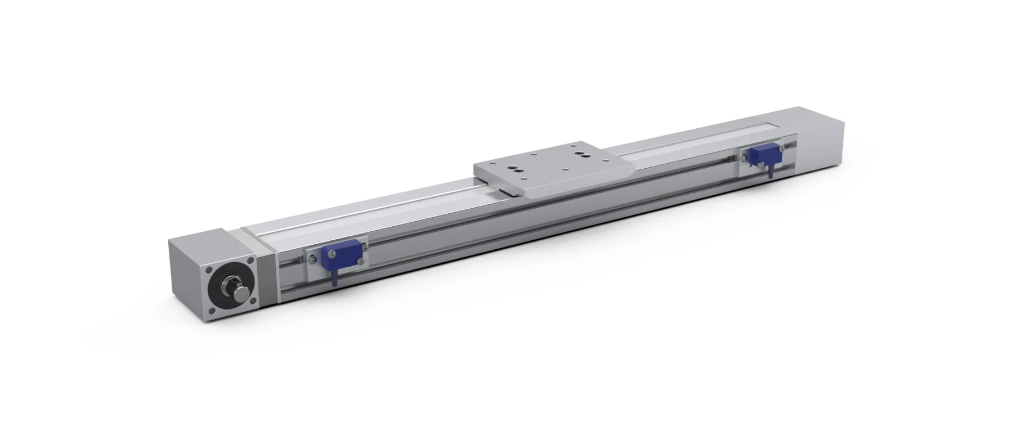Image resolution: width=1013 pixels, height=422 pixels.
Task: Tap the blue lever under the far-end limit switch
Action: [x=769, y=169]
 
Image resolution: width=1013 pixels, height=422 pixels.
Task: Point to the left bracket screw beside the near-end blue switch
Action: [x=313, y=259]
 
